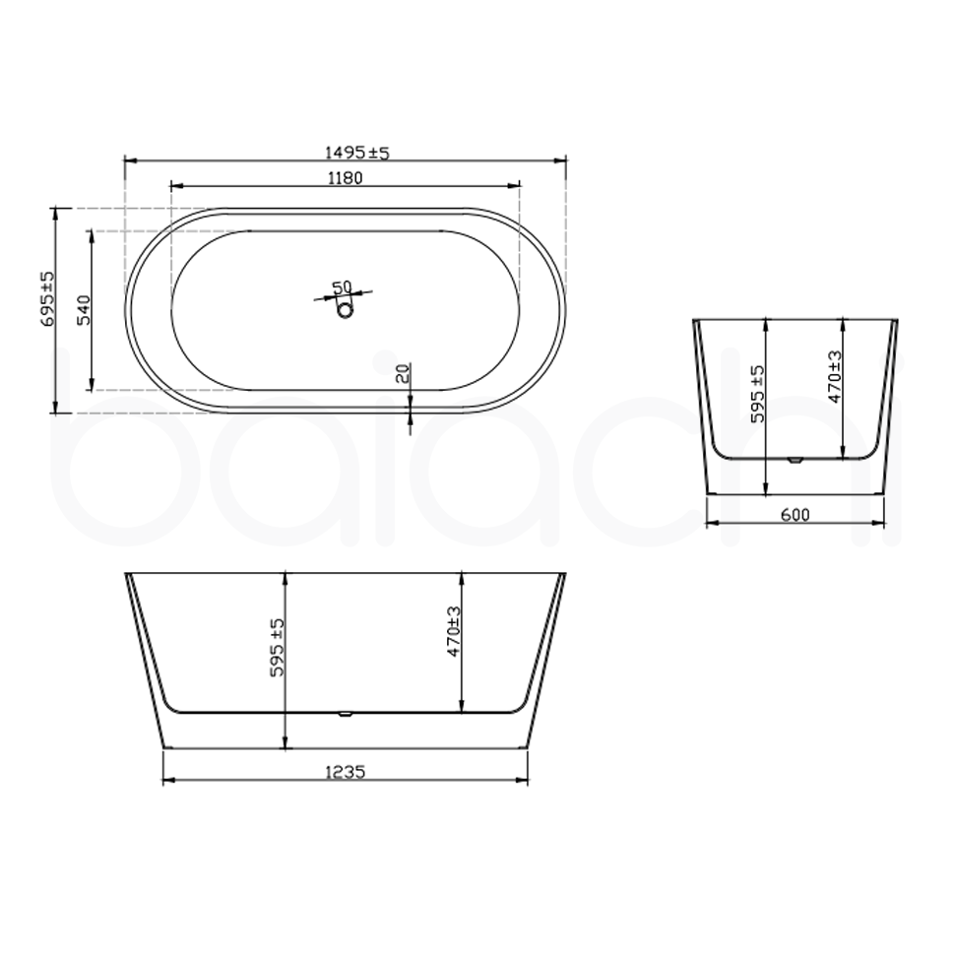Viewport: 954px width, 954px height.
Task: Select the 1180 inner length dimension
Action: (346, 178)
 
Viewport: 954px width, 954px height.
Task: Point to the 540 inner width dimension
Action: (84, 309)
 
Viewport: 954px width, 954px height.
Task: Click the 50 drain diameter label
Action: (342, 286)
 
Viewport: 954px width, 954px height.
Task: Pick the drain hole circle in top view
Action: (345, 310)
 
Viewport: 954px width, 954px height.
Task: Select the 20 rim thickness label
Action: (402, 374)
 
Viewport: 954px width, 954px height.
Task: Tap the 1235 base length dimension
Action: (345, 773)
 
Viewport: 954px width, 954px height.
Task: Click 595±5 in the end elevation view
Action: (757, 394)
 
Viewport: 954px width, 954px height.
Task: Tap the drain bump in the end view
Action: (795, 460)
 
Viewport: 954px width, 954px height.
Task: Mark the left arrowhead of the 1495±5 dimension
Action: (129, 159)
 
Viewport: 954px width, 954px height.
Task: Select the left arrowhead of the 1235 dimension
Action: (166, 782)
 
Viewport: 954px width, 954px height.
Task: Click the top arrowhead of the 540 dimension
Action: (92, 234)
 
